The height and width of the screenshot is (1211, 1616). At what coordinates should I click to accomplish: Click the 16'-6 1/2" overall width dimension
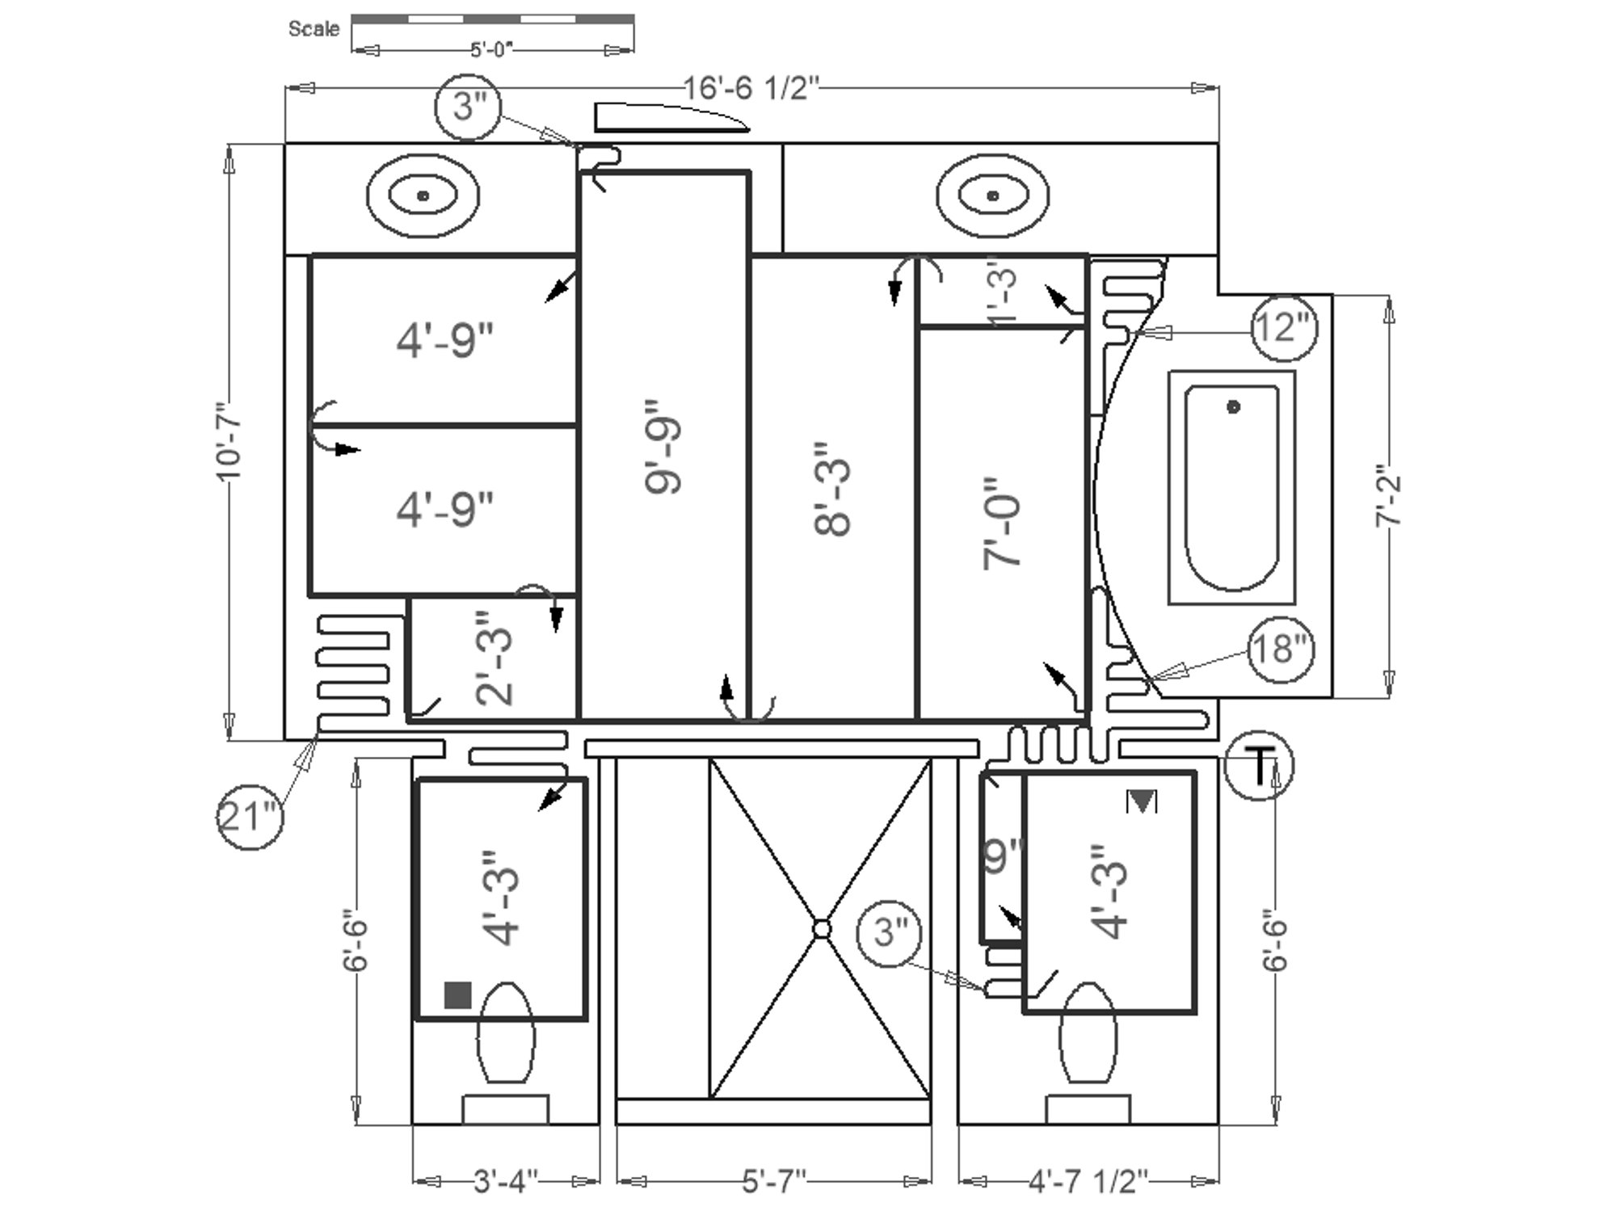click(752, 87)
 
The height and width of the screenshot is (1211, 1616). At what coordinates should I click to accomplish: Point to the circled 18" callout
click(1281, 649)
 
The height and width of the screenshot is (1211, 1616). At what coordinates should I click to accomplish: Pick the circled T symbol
click(1259, 766)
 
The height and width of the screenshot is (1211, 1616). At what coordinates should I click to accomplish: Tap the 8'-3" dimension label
click(832, 489)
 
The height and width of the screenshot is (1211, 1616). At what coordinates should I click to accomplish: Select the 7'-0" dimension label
click(1002, 523)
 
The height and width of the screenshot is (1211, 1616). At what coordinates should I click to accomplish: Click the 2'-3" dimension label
click(494, 658)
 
